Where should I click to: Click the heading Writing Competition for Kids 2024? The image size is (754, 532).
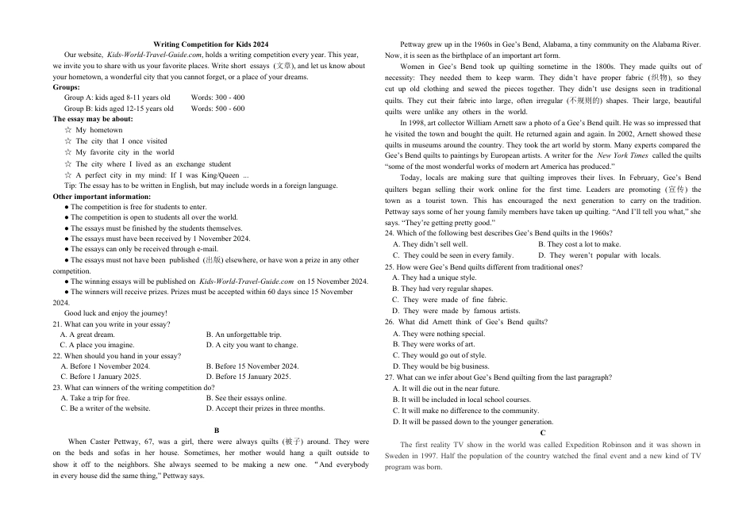coord(210,44)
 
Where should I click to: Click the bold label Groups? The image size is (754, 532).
coord(66,87)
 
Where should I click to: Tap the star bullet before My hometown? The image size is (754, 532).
coord(68,130)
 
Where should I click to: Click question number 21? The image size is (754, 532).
coord(57,324)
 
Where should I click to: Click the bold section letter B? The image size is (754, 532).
coord(217,430)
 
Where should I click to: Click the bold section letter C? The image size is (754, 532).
coord(543,433)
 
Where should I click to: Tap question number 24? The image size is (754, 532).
coord(390,233)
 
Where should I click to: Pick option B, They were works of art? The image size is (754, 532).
coord(433,344)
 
